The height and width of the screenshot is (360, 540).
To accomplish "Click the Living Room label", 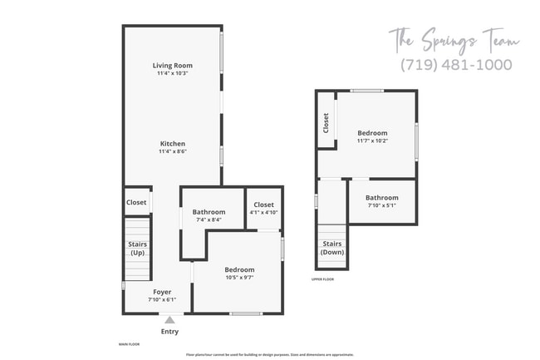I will coord(173,65).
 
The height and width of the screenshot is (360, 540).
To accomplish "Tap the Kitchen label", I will coord(173,143).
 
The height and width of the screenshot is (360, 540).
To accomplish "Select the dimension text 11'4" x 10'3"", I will coord(173,73).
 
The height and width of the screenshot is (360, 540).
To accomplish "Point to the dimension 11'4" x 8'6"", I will coord(173,151).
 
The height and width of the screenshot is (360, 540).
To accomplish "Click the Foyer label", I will coord(162,292).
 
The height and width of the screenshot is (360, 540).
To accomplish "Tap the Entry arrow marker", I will coord(169,319).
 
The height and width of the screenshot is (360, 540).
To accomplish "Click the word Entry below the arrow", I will coord(169,332).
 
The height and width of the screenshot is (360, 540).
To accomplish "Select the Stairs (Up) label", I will coord(138,248).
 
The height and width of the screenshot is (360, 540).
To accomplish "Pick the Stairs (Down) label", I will coord(333,248).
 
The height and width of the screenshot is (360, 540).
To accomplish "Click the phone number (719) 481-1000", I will coord(456,64).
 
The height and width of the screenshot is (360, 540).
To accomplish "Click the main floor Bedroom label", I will coord(239,269).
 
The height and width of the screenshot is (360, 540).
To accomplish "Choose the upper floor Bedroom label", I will coord(372,133).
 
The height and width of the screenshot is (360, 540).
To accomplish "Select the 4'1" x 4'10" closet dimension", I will coord(263,213).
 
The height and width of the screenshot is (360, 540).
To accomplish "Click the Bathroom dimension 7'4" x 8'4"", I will coord(209,220).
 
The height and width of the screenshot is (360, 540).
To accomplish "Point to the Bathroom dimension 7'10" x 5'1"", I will coord(382,205).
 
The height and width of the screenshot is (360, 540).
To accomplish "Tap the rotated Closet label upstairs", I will coord(326,123).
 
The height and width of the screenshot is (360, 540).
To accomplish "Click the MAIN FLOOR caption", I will coord(128,343).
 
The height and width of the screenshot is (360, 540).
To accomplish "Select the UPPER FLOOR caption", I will coord(323,279).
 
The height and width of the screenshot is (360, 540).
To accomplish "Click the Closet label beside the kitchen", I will coord(136,202).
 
